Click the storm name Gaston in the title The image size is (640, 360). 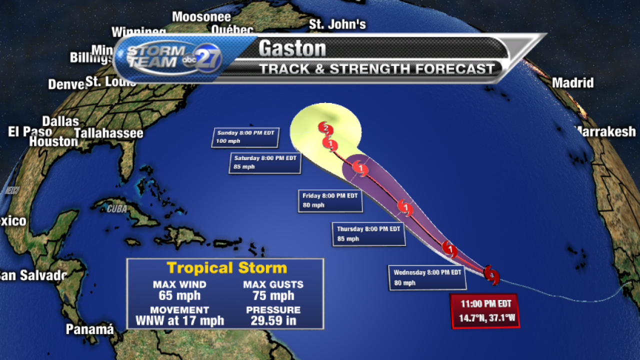coord(292,48)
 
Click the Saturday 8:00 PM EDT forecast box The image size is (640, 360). coord(265,163)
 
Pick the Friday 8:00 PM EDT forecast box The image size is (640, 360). coord(330,200)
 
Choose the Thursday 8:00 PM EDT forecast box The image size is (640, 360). coord(368,234)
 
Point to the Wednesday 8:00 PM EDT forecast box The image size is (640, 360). coord(427,277)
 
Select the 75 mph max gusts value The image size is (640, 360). coord(273,296)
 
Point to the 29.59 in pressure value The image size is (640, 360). coord(273,320)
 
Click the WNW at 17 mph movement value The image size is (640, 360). coord(179,320)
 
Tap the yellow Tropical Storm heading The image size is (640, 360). coord(226,268)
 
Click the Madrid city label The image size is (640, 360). coord(572,83)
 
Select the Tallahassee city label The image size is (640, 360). coord(108,133)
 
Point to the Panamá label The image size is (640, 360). coord(90,329)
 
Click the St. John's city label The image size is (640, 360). coord(337,24)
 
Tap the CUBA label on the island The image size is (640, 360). coord(117,209)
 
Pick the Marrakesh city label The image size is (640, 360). coord(606,131)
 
